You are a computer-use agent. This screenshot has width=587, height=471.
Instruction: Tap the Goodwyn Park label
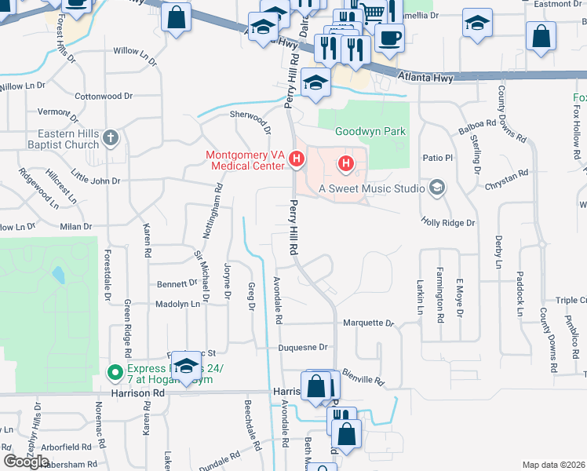[370, 131]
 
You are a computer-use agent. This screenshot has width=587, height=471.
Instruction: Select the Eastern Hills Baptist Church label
[61, 139]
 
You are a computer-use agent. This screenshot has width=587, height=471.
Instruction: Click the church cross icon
[111, 139]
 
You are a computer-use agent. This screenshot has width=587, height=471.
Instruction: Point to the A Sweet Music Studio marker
[437, 188]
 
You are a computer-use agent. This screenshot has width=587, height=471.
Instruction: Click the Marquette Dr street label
[368, 323]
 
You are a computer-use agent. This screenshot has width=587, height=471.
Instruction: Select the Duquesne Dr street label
[301, 347]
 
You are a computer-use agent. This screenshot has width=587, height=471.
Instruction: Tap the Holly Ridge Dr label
[448, 223]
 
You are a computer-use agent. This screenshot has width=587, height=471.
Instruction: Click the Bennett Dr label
[177, 283]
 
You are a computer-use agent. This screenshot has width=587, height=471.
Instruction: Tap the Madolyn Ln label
[177, 304]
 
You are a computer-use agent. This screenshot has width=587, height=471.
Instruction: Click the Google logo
[26, 462]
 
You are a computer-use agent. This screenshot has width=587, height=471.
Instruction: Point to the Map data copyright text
[553, 465]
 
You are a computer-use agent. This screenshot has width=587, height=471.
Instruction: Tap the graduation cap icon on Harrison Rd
[187, 367]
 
